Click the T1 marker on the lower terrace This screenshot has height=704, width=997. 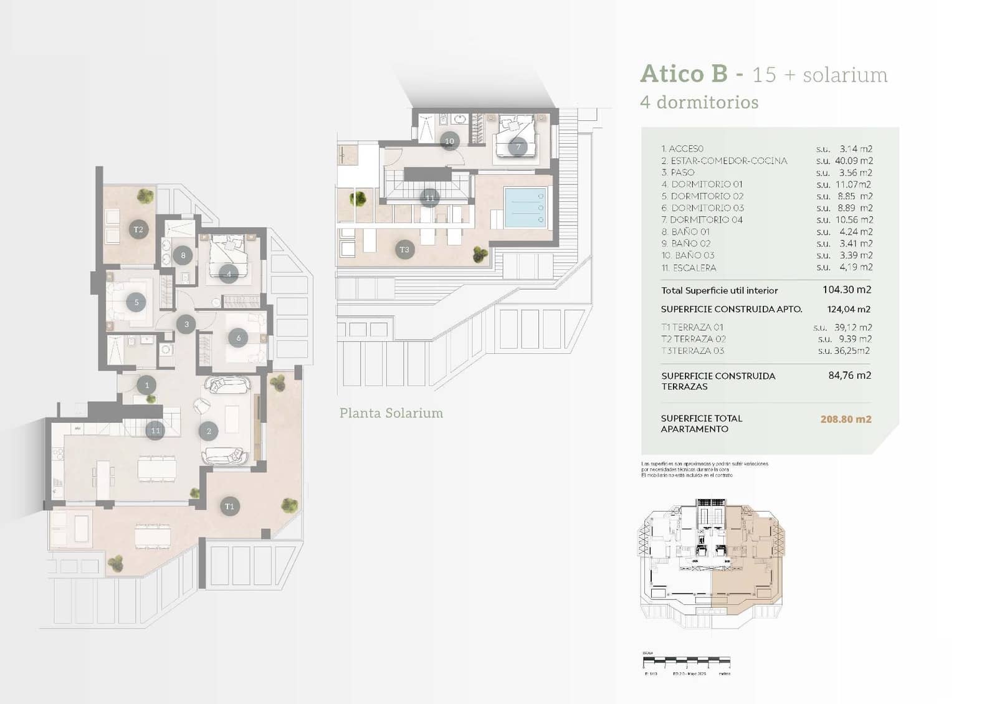(229, 507)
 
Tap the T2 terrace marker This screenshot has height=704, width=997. (138, 230)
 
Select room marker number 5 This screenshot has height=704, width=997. (136, 303)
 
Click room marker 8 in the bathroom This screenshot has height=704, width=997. (183, 255)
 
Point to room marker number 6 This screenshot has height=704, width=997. (238, 338)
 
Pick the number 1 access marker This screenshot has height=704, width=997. (146, 385)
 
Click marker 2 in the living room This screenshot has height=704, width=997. (209, 430)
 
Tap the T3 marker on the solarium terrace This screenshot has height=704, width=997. (404, 250)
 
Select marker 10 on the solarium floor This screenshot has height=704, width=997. (449, 141)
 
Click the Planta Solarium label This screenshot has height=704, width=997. (391, 413)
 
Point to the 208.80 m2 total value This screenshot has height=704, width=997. (846, 419)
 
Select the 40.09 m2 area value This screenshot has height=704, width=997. (853, 161)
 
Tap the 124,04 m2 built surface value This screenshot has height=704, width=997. (849, 309)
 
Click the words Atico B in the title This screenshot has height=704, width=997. (684, 74)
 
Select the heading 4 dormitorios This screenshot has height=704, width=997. (699, 102)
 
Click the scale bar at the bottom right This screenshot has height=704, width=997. (686, 660)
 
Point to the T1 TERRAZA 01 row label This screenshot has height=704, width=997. (692, 327)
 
